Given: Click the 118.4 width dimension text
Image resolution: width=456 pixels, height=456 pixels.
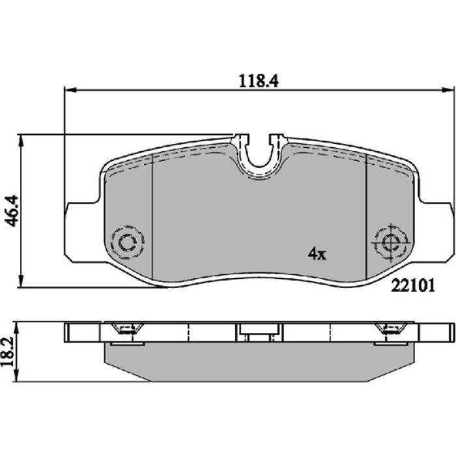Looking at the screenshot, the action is [x=259, y=81].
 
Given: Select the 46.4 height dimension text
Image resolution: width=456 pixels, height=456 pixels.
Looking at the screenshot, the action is [x=12, y=211].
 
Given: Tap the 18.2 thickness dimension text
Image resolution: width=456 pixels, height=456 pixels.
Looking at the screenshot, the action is [x=8, y=352].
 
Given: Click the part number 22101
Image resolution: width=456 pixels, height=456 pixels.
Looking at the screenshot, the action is [x=413, y=286].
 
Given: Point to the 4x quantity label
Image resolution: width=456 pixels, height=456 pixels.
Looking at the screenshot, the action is [x=317, y=253].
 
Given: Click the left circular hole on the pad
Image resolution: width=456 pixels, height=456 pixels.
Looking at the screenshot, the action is [x=128, y=242].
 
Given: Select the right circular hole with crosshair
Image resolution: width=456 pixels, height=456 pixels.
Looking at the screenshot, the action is [x=391, y=242].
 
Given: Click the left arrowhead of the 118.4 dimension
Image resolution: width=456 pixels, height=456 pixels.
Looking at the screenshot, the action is [x=70, y=90].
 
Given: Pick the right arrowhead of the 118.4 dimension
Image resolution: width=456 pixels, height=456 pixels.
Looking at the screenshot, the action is [x=448, y=90].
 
